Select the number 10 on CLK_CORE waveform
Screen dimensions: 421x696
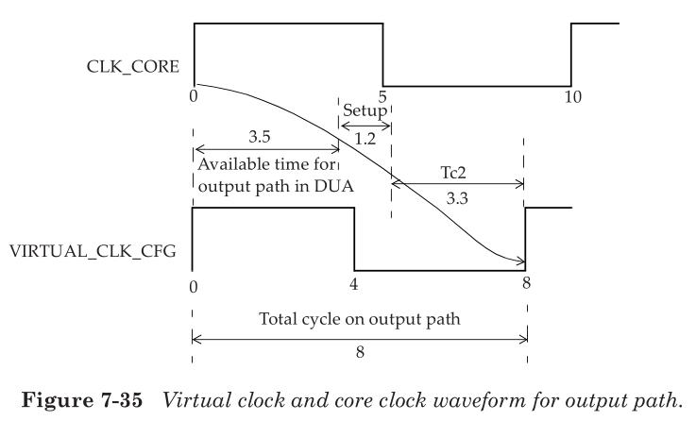click(572, 96)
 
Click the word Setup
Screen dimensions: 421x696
click(365, 109)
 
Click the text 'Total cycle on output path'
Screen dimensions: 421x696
click(360, 318)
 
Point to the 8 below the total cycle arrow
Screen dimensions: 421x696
click(359, 351)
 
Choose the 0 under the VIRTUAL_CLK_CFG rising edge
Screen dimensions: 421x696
click(194, 283)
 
